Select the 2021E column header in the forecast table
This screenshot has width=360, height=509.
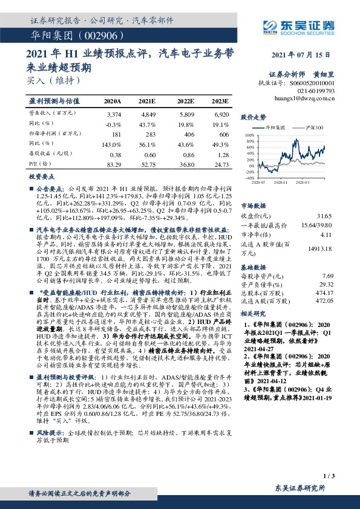[147, 101]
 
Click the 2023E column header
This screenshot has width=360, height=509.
[221, 101]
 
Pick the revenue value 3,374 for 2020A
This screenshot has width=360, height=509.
[113, 114]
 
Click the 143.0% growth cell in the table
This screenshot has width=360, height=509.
[113, 144]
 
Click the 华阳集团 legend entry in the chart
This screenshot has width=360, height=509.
[273, 128]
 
